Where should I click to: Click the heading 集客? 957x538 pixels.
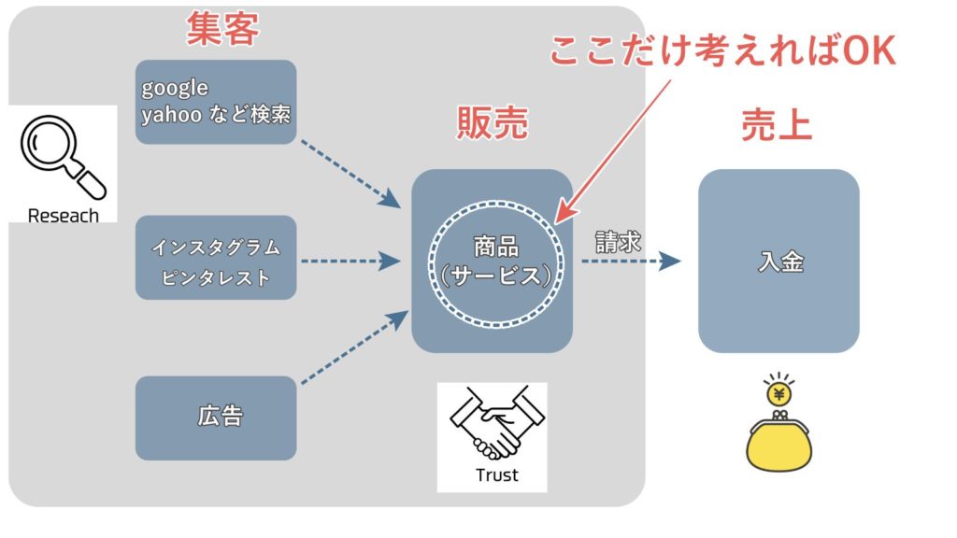click(x=222, y=31)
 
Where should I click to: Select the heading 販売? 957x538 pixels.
click(x=493, y=122)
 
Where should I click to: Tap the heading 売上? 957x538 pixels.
click(x=777, y=122)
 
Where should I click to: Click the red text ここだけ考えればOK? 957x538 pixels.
click(x=722, y=51)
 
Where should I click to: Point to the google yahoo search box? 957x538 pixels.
click(x=216, y=102)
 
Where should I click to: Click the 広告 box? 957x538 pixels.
click(x=216, y=418)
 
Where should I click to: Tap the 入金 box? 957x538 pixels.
click(x=778, y=262)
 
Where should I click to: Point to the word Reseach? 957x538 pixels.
click(x=63, y=216)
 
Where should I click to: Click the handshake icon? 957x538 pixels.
click(x=493, y=424)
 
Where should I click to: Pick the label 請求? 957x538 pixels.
click(x=619, y=241)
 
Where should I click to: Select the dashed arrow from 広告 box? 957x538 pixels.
click(x=353, y=347)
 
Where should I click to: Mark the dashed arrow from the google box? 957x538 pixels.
click(x=348, y=173)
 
